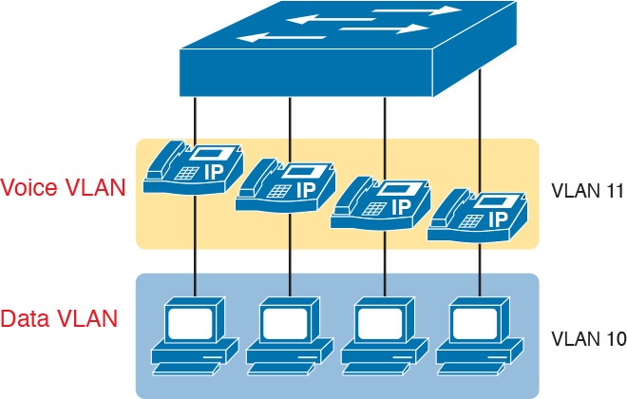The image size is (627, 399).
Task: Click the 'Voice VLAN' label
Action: pos(64,187)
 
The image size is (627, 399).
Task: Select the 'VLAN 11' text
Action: pos(586,190)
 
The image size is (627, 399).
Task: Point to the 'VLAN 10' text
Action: pos(586,338)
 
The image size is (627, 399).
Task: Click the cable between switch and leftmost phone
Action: pos(196,118)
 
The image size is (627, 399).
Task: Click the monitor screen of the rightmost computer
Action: pos(477,321)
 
